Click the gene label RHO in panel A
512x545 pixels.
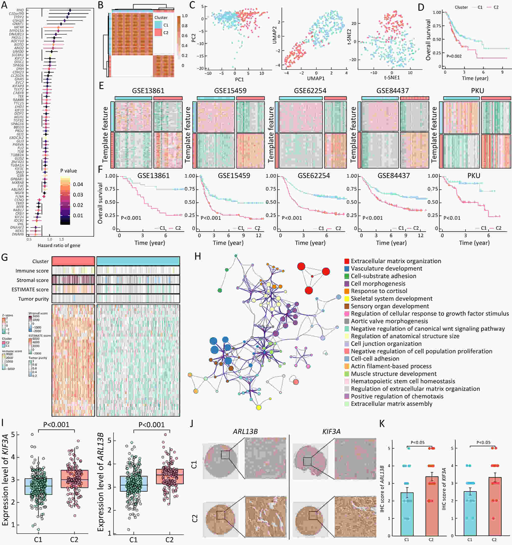click(x=20, y=10)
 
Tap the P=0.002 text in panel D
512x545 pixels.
click(x=454, y=56)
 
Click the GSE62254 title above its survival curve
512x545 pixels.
click(x=314, y=176)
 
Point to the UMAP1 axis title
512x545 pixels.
click(x=316, y=78)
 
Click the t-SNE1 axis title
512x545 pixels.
click(x=392, y=77)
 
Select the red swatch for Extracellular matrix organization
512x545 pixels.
click(x=347, y=261)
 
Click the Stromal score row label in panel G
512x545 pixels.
click(x=32, y=280)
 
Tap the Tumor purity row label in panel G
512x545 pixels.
click(x=33, y=299)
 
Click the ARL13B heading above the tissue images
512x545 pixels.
click(x=245, y=431)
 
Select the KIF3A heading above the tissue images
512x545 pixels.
click(x=331, y=431)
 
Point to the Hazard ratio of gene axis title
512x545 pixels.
click(x=59, y=245)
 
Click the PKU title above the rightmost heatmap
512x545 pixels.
click(x=477, y=91)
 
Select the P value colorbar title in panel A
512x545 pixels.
click(x=69, y=171)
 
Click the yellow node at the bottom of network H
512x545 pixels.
click(x=258, y=407)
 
